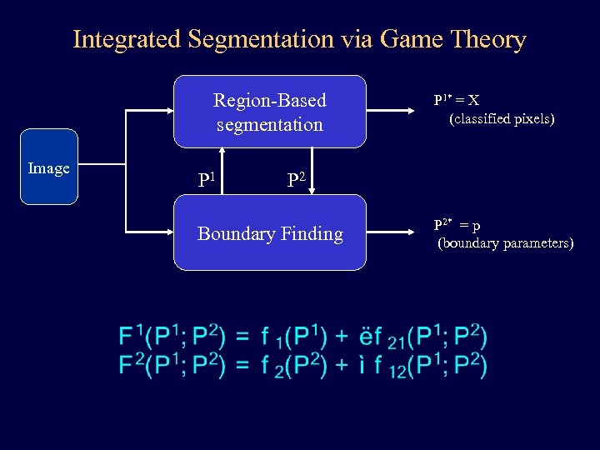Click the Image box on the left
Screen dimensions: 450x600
(x=49, y=167)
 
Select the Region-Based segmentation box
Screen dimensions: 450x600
(x=269, y=112)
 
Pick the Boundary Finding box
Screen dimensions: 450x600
(x=269, y=233)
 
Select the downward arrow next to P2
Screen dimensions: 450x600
(x=312, y=171)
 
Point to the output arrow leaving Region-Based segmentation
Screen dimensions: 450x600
(x=395, y=110)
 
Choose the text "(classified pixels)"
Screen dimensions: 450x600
(x=502, y=119)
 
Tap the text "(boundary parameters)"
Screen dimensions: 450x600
(x=506, y=243)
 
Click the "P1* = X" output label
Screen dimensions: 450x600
(x=456, y=100)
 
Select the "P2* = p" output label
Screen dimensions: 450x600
(x=456, y=224)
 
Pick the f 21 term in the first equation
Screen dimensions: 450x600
(x=384, y=337)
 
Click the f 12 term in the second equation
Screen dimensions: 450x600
(x=384, y=366)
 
